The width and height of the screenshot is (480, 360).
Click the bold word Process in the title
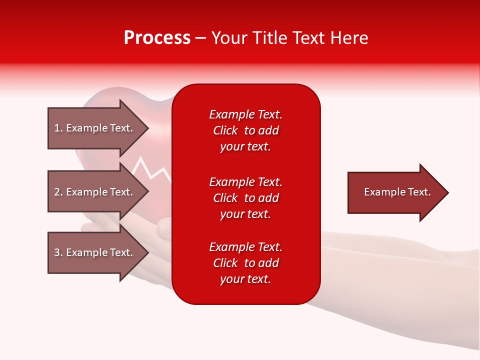[x=157, y=38]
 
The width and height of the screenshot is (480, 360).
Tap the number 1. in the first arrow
[x=58, y=128]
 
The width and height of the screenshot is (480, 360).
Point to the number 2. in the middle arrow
[x=58, y=192]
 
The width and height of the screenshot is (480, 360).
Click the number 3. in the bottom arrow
[x=58, y=252]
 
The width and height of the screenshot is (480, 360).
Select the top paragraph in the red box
[x=245, y=130]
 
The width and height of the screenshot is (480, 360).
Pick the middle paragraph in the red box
[x=245, y=198]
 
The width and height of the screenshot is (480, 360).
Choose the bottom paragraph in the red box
[x=245, y=263]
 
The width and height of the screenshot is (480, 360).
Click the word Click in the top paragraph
[x=225, y=130]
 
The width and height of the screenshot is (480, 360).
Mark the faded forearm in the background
[x=400, y=280]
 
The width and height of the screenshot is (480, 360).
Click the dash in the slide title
[x=200, y=38]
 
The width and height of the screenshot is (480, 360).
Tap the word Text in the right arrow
[x=419, y=192]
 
